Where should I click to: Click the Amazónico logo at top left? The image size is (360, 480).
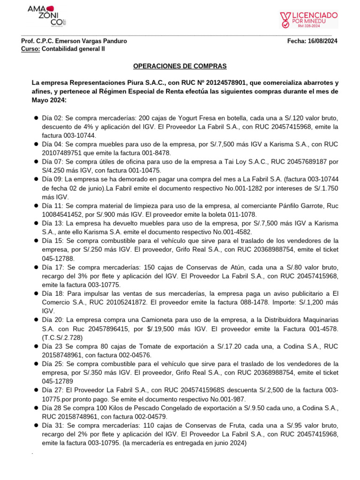click(42, 16)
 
